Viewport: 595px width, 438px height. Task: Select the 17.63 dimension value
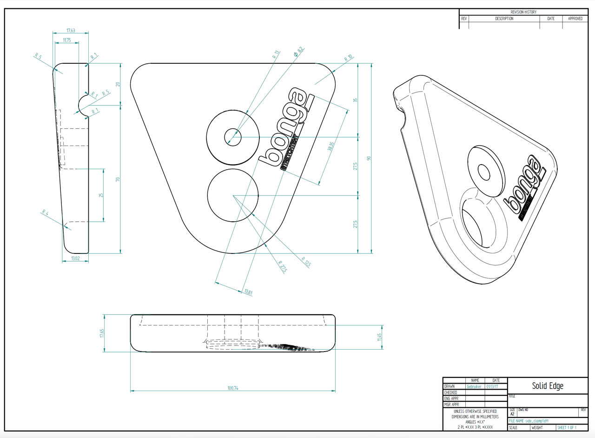[x=71, y=31]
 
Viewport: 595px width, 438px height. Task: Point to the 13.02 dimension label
[x=75, y=258]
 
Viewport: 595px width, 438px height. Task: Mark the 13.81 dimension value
[x=249, y=292]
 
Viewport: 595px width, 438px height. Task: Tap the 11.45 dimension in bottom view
[x=379, y=336]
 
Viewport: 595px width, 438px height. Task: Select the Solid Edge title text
[x=548, y=386]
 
